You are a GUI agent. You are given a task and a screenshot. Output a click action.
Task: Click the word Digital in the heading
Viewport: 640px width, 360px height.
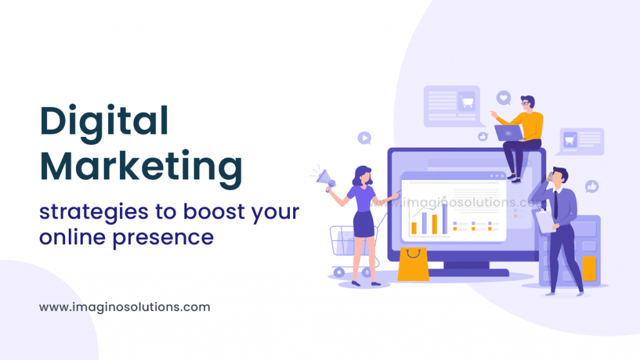pyautogui.click(x=104, y=121)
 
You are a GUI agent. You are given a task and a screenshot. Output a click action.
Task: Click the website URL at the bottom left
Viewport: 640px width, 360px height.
pyautogui.click(x=124, y=307)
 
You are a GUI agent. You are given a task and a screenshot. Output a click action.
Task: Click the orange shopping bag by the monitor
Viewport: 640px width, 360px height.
pyautogui.click(x=413, y=264)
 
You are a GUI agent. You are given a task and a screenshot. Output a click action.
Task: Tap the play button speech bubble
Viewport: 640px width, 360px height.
pyautogui.click(x=364, y=137)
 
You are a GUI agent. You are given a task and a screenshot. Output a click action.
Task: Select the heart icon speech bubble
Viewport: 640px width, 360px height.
pyautogui.click(x=504, y=97)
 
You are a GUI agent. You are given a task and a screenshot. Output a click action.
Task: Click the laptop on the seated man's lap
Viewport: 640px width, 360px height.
pyautogui.click(x=508, y=132)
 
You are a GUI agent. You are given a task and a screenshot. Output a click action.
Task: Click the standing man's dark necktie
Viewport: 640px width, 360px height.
pyautogui.click(x=556, y=203)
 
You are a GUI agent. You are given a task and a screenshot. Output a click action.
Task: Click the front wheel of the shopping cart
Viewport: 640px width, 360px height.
pyautogui.click(x=339, y=272)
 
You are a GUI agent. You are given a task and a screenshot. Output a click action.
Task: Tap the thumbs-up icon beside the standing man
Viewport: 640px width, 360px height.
pyautogui.click(x=591, y=186)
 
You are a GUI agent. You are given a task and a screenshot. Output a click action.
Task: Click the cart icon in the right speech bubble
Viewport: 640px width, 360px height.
pyautogui.click(x=569, y=140)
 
